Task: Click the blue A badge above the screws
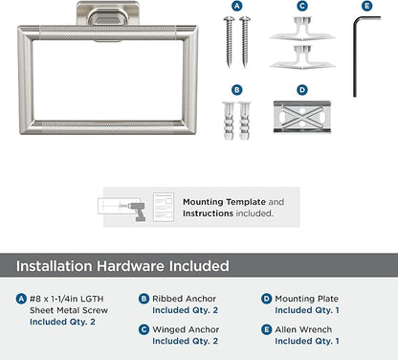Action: pos(236,6)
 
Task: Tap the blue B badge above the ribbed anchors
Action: pos(236,90)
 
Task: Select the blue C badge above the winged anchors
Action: pos(302,6)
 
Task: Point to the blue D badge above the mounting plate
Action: pos(302,90)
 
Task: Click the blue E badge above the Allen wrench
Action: pos(367,6)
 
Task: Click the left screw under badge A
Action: pos(229,42)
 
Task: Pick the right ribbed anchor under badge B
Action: pos(245,121)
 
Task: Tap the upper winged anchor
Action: pos(302,29)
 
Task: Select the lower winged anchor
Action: pos(302,57)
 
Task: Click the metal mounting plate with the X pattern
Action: pos(302,117)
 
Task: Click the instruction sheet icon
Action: pos(164,207)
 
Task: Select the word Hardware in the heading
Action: pos(131,266)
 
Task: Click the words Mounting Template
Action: pos(224,202)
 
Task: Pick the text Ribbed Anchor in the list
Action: pos(184,299)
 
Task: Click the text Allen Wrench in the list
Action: pos(303,329)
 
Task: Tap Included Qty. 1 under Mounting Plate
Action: pos(307,310)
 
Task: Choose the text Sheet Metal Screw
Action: pos(69,310)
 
